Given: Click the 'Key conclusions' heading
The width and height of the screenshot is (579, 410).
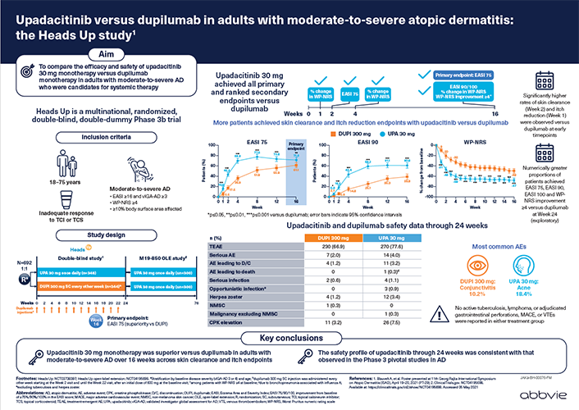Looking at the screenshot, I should [289, 315].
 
